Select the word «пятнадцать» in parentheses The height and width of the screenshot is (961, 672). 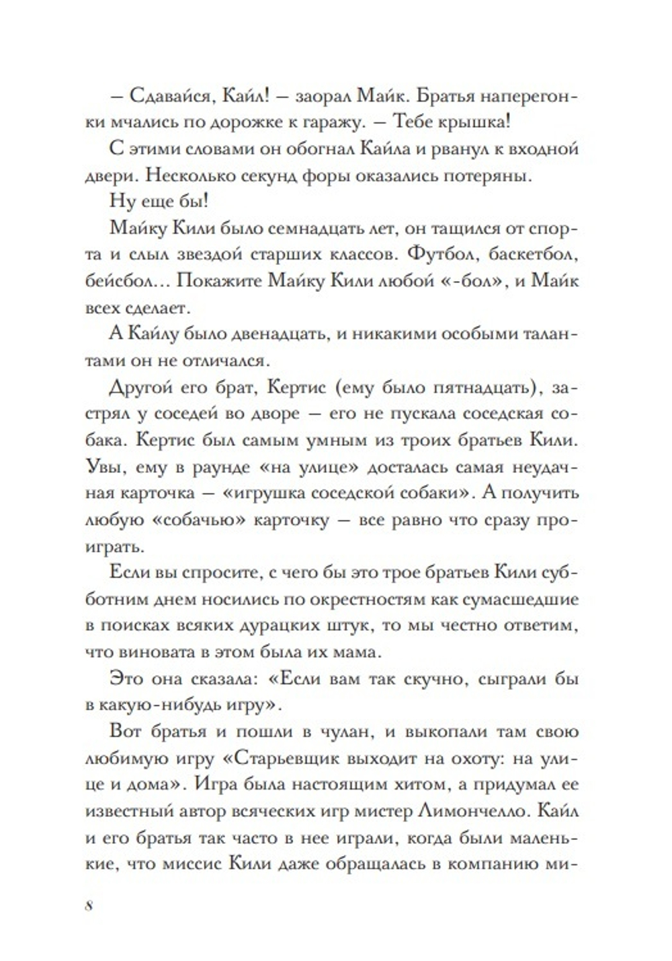[474, 388]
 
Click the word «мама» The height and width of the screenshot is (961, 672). [359, 651]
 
